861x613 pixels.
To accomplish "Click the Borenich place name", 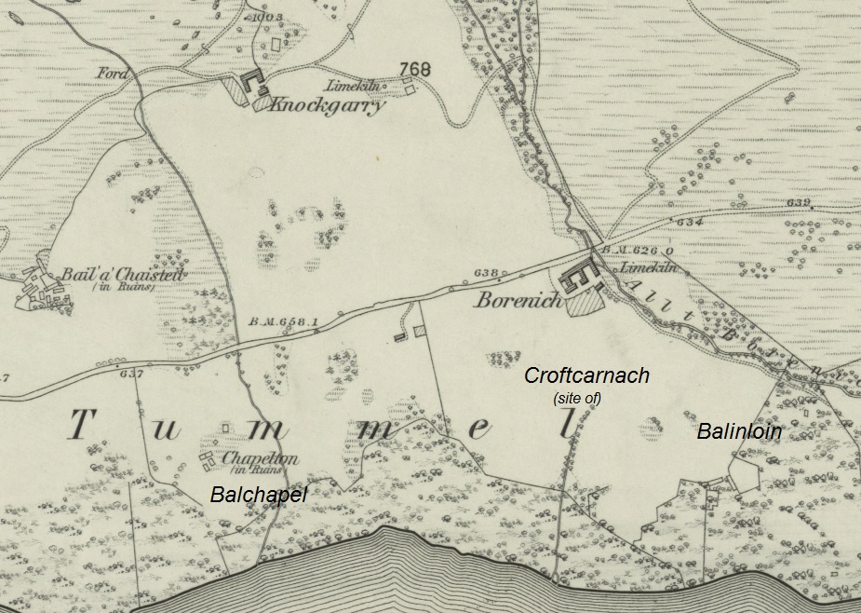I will click(x=518, y=300).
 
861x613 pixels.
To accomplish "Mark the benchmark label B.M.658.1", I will click(x=284, y=322).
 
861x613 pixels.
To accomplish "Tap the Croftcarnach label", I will click(x=586, y=376).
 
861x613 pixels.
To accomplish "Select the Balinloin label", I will click(x=739, y=431).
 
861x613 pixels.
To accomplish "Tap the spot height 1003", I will click(x=266, y=18).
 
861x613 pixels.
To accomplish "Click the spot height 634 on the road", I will click(x=690, y=222).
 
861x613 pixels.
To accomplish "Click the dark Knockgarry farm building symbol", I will click(x=252, y=85).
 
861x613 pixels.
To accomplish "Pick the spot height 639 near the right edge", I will click(x=798, y=202).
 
